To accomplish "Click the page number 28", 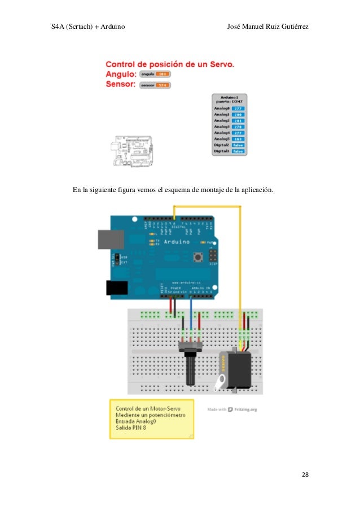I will [x=305, y=474].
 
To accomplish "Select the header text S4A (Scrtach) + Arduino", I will [x=87, y=27].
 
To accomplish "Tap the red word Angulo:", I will [x=120, y=74].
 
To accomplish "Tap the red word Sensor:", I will [x=120, y=85].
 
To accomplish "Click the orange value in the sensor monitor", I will [x=162, y=85].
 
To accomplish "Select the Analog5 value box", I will [x=238, y=138].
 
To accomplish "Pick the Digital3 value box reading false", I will [x=238, y=151].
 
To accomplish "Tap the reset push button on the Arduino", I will [x=198, y=258].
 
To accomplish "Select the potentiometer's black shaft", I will [x=190, y=370].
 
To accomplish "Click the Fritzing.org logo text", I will [x=245, y=409].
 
